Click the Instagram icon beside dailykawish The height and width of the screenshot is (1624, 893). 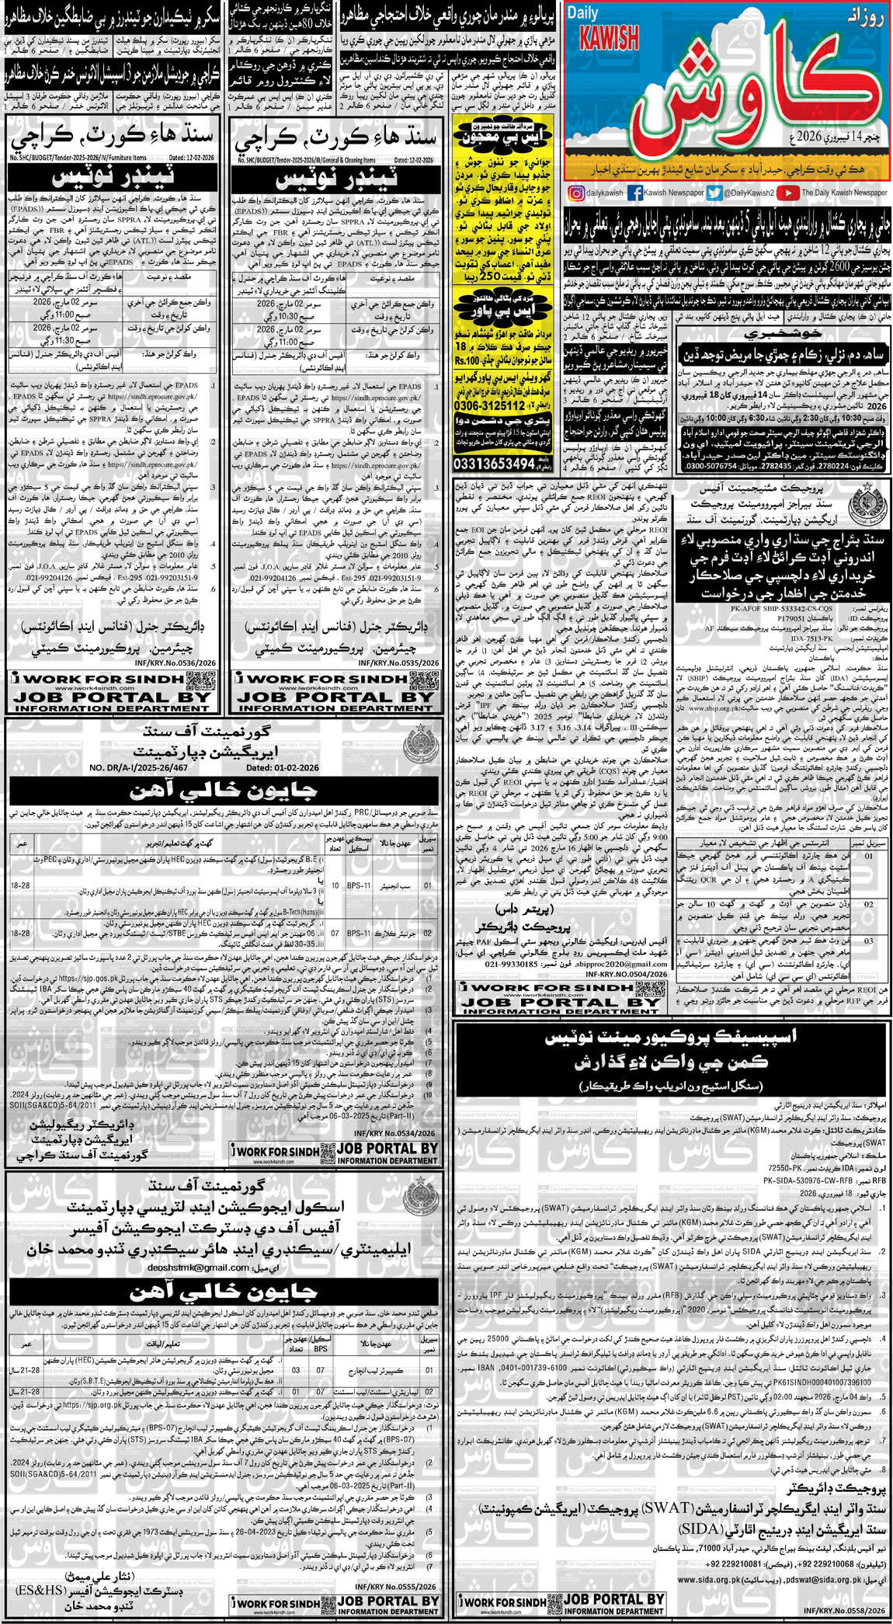pyautogui.click(x=576, y=193)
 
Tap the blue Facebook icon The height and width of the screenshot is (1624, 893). pyautogui.click(x=634, y=193)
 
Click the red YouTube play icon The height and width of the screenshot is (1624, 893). pyautogui.click(x=787, y=193)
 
